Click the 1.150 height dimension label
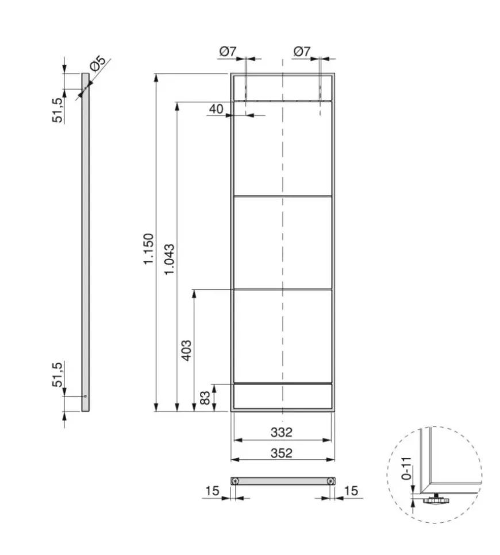(148, 249)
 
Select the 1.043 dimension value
(169, 259)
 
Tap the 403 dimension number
(186, 351)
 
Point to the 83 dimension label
(205, 398)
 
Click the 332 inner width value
(282, 432)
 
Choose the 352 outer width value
(282, 453)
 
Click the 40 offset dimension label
(216, 109)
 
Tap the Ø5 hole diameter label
(98, 63)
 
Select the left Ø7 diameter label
(228, 52)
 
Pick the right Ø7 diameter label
(302, 52)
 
